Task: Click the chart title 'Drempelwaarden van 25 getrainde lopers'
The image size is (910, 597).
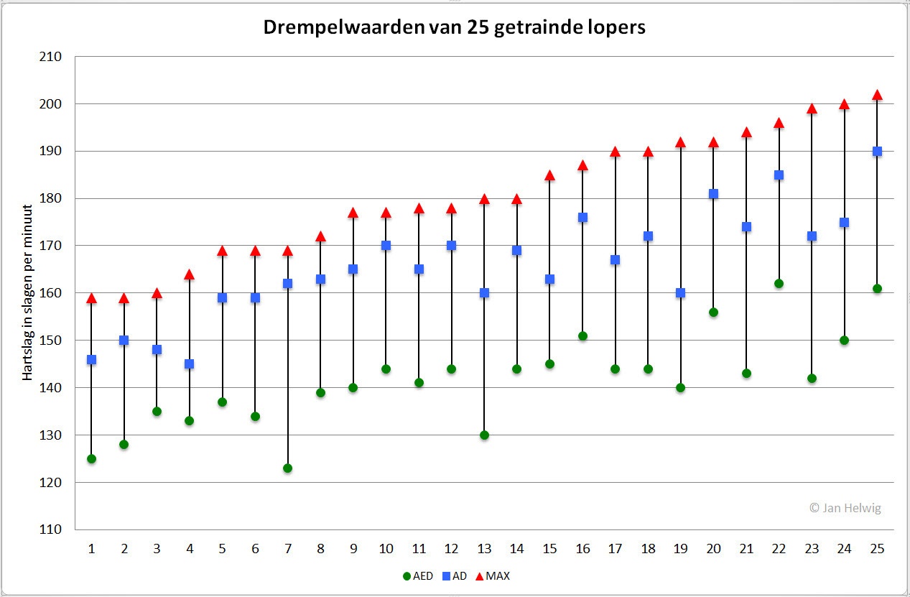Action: point(455,27)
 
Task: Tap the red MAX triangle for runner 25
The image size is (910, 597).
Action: point(877,95)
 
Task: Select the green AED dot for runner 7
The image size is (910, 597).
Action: point(288,468)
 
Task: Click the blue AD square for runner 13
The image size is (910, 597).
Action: point(484,293)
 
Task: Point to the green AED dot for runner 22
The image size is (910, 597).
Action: point(779,284)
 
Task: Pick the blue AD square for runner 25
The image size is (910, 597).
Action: point(877,152)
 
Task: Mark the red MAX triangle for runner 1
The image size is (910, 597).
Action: point(91,298)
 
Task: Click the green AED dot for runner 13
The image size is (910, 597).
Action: point(484,435)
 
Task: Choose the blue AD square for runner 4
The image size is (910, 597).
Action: point(190,364)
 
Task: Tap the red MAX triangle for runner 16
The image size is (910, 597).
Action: point(582,165)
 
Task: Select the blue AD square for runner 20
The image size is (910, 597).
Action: point(713,194)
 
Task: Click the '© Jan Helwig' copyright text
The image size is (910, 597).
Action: point(845,508)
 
